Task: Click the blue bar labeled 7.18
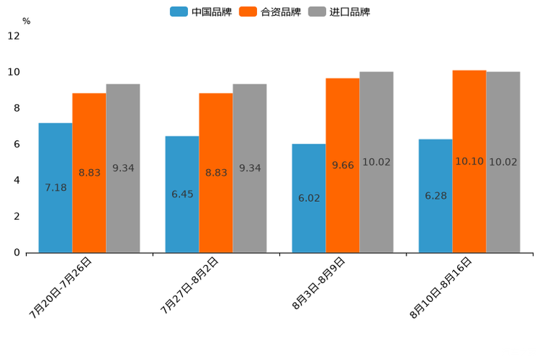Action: [x=55, y=187]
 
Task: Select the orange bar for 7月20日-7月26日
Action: [x=89, y=173]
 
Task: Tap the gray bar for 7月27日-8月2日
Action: [x=250, y=168]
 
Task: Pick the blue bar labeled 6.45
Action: [x=182, y=195]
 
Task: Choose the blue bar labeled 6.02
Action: [x=308, y=198]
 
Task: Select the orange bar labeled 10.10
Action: [x=469, y=161]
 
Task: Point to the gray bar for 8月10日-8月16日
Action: [x=503, y=162]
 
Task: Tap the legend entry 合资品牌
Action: [x=270, y=12]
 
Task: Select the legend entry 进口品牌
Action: [x=339, y=12]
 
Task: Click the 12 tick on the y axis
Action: [x=14, y=36]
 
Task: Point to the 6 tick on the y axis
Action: [x=16, y=144]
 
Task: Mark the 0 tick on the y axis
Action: [x=16, y=253]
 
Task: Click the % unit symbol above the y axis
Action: [x=26, y=21]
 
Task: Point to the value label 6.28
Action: [x=435, y=196]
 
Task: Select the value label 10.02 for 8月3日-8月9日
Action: [x=376, y=163]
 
